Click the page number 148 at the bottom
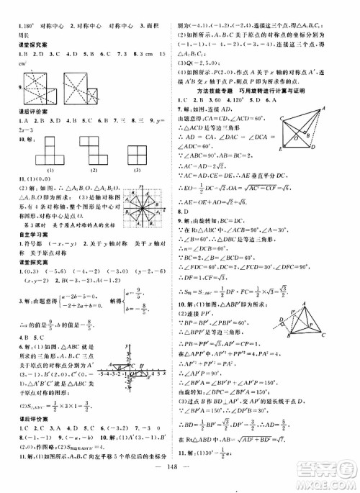[180, 480]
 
